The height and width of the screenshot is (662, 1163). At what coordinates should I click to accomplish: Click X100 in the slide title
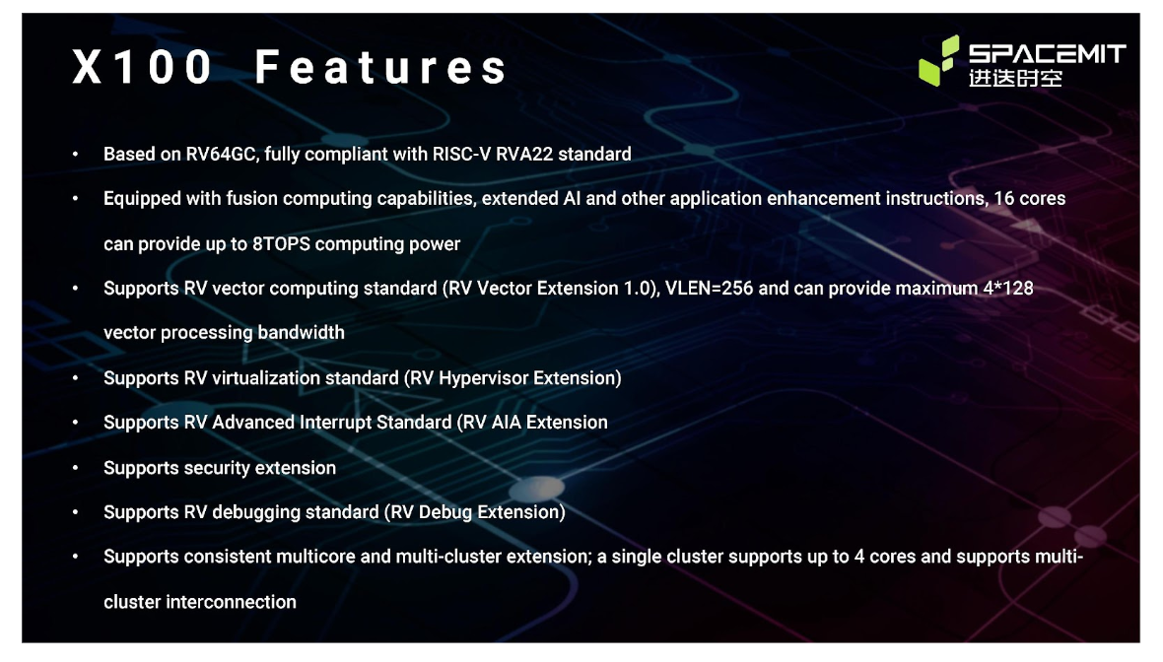click(142, 67)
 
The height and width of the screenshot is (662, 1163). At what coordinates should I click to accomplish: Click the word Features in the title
click(381, 67)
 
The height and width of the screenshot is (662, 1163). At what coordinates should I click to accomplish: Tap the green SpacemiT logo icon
click(939, 60)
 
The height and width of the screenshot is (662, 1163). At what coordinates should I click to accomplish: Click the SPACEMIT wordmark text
click(1048, 53)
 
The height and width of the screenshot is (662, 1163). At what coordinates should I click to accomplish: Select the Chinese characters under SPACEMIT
click(1015, 78)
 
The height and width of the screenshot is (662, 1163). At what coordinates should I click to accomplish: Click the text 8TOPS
click(281, 244)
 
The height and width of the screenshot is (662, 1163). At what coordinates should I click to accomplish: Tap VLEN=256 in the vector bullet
click(709, 289)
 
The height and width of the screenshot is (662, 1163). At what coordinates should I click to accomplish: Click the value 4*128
click(1008, 289)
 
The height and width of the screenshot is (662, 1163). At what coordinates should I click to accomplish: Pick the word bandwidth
click(301, 333)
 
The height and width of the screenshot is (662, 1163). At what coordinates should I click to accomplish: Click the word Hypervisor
click(484, 378)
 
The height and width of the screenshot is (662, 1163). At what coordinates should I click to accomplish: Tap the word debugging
click(256, 512)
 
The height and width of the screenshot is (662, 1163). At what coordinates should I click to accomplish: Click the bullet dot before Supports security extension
click(76, 468)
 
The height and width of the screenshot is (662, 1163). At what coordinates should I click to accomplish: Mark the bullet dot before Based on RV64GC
click(76, 155)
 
